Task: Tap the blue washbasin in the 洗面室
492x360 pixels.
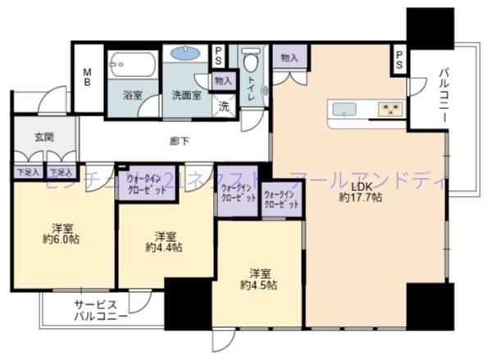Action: coord(186,54)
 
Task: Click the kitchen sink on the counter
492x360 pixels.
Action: coord(343,110)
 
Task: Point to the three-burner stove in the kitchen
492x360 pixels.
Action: coord(389,109)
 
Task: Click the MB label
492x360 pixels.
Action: coord(88,80)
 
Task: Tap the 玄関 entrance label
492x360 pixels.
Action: coord(44,137)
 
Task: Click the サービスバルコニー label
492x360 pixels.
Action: coord(100,310)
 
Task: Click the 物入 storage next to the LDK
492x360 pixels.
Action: coord(289,57)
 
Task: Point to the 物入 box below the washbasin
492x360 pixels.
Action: coord(223,80)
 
